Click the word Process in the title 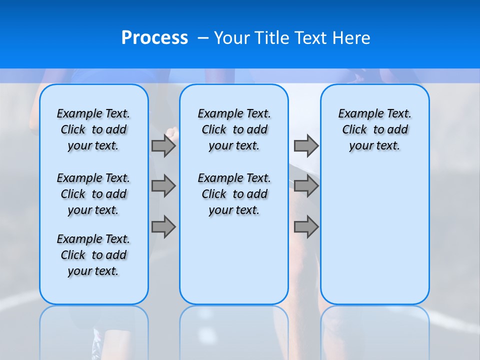click(154, 38)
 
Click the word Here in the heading click(353, 38)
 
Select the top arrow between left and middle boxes click(163, 146)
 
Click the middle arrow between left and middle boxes click(163, 186)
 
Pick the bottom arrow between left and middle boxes click(163, 227)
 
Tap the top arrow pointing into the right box click(306, 146)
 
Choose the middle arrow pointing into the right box click(306, 186)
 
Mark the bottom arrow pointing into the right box click(306, 227)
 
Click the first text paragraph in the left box click(93, 129)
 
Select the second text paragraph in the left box click(93, 194)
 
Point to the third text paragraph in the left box click(93, 255)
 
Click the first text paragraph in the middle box click(234, 129)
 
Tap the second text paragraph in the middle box click(234, 194)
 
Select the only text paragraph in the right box click(374, 129)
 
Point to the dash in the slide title click(203, 38)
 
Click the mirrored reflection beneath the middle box click(234, 330)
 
